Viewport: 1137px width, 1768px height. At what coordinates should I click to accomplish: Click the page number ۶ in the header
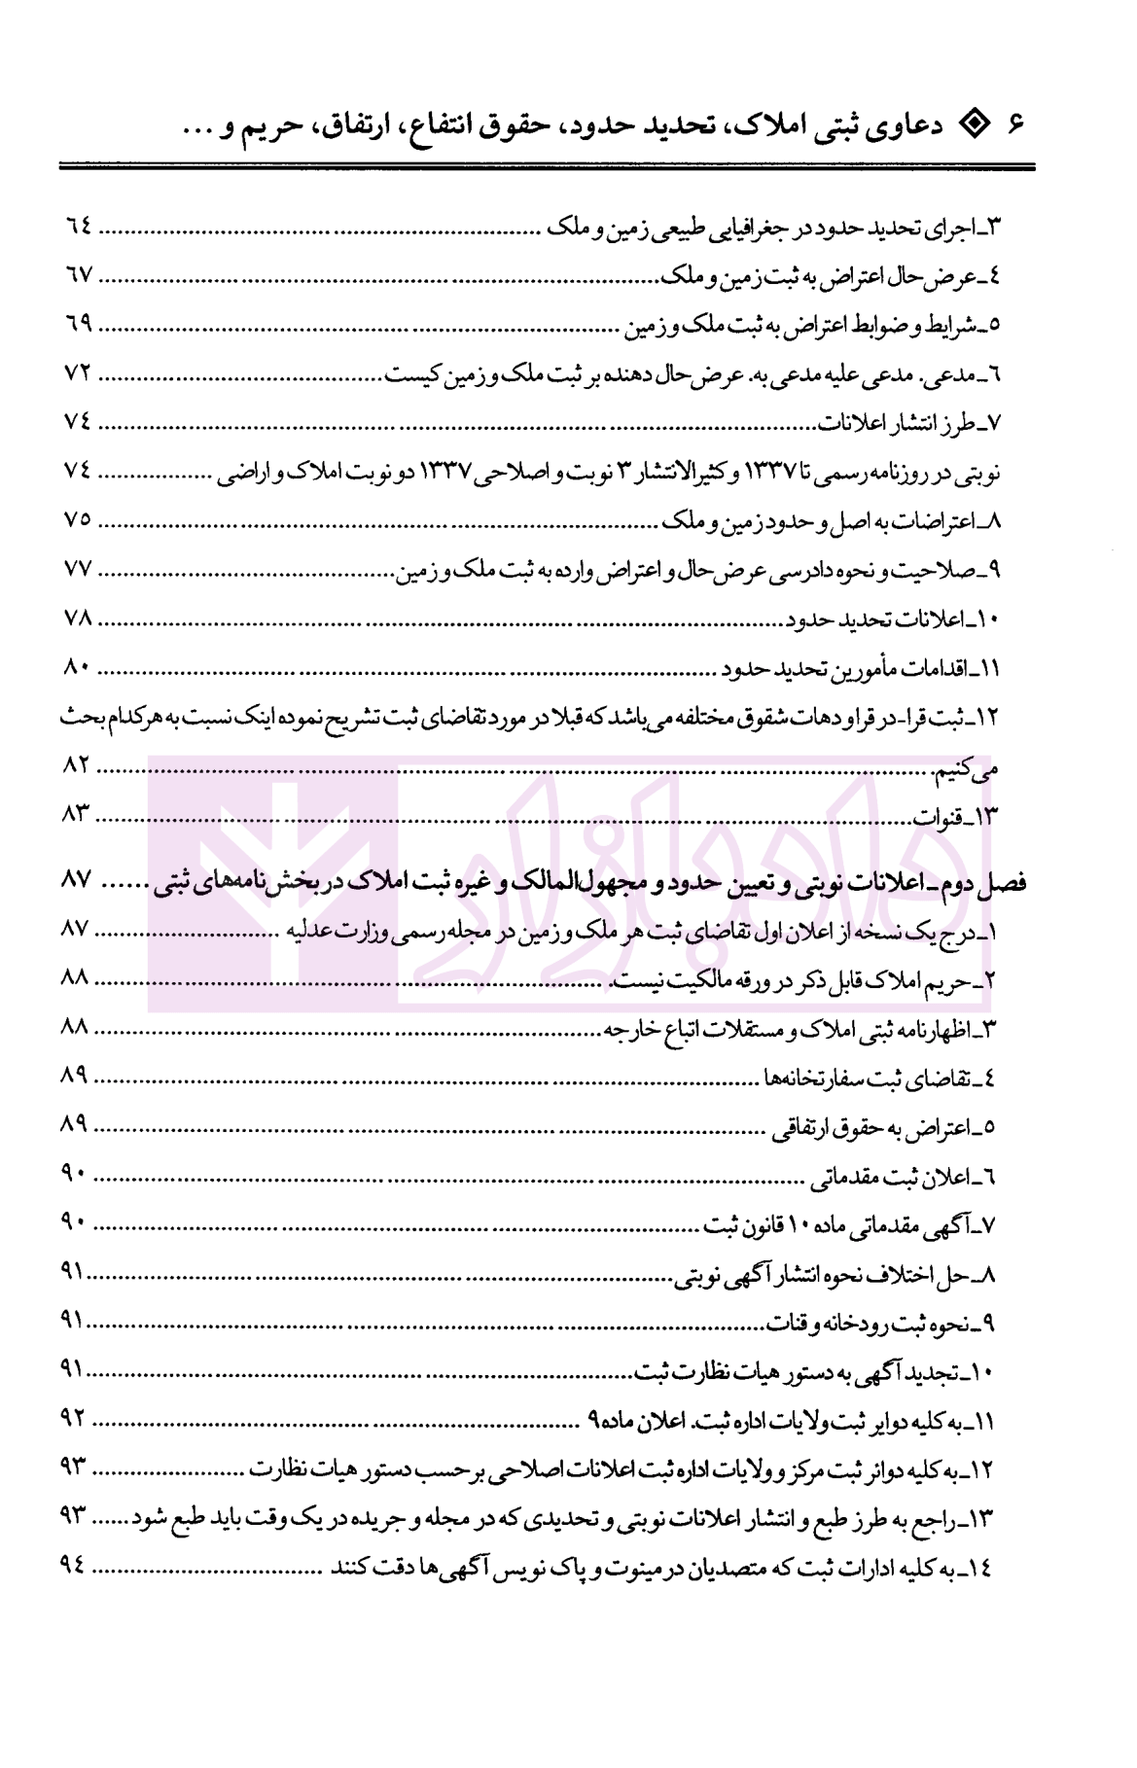(x=1016, y=125)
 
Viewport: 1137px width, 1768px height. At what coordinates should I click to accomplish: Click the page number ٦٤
(x=79, y=225)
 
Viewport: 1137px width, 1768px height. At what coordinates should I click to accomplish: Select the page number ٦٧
(x=79, y=274)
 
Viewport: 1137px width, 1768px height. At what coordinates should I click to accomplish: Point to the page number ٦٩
(x=79, y=323)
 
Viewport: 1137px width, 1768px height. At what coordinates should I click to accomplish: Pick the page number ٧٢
(x=77, y=372)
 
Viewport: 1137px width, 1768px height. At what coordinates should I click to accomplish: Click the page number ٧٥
(x=77, y=519)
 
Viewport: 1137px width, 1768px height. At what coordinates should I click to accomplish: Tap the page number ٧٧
(x=77, y=569)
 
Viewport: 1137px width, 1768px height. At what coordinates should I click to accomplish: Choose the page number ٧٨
(x=77, y=618)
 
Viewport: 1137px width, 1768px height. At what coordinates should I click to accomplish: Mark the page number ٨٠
(x=77, y=667)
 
